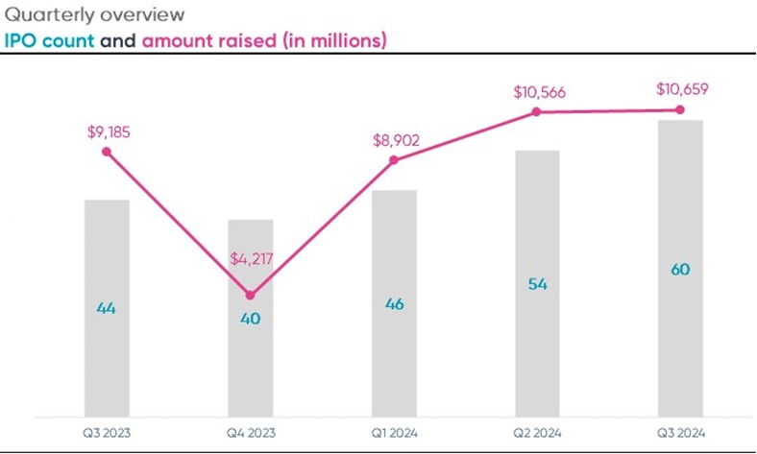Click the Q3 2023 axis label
[x=107, y=433]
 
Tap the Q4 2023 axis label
[x=250, y=433]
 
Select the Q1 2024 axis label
[x=393, y=433]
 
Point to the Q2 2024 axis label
[x=537, y=433]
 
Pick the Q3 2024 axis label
[x=680, y=433]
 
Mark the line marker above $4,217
[x=250, y=295]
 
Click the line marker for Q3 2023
[x=107, y=152]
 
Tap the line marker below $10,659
[x=680, y=110]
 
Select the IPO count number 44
[x=107, y=308]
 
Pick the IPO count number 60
[x=680, y=270]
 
